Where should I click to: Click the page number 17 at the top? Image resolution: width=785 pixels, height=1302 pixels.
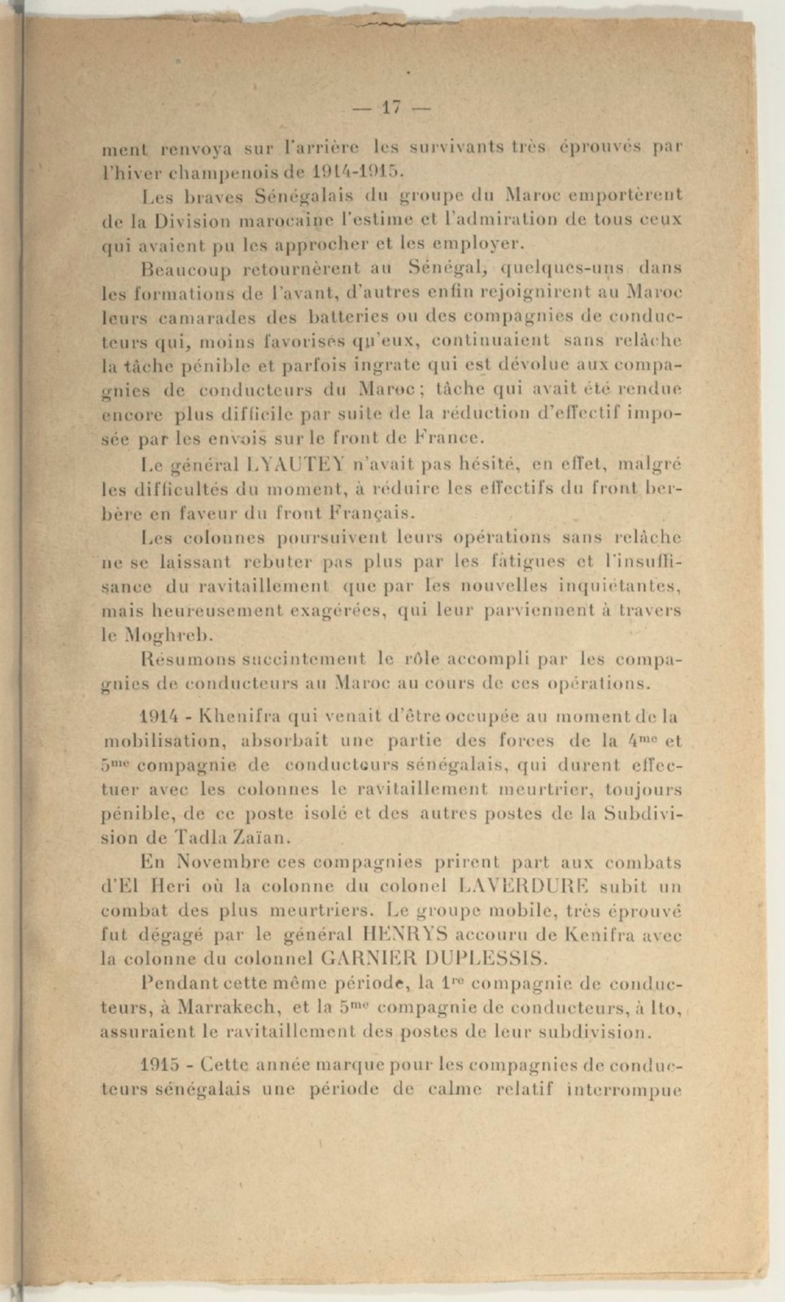(x=391, y=107)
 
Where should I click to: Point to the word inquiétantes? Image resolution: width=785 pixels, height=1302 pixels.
(x=617, y=586)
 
